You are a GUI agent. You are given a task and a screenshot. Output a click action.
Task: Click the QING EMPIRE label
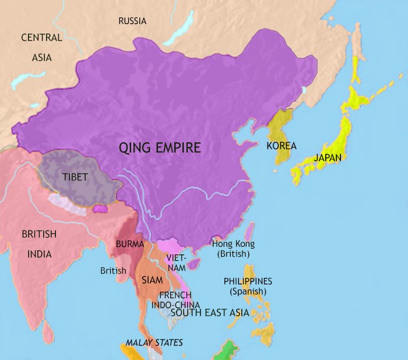tap(160, 148)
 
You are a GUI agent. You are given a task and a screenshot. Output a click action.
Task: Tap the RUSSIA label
tap(132, 21)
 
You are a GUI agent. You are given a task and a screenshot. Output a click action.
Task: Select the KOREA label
tap(282, 146)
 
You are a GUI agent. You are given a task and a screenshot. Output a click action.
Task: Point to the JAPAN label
tap(328, 158)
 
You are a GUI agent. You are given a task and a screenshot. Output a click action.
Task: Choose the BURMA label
tap(126, 244)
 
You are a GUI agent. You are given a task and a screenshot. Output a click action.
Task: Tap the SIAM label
tap(152, 280)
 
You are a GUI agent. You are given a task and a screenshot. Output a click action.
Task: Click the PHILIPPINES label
tap(248, 281)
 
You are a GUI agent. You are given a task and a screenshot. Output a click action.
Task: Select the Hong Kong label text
tap(233, 244)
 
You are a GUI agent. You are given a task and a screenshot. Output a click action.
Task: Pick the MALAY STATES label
tap(154, 342)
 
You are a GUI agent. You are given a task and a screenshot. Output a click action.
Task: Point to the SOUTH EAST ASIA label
tap(210, 313)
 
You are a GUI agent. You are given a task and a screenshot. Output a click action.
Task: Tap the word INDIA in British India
tap(39, 254)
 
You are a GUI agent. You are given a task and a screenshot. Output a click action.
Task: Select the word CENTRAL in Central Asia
tap(41, 38)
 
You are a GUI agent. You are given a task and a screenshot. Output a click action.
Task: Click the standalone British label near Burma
tap(113, 271)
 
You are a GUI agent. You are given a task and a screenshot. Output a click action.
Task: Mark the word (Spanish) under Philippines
tap(248, 291)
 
